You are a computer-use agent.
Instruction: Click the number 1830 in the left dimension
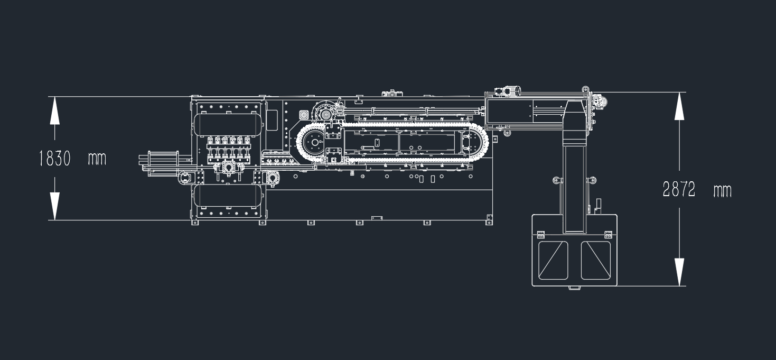(x=55, y=159)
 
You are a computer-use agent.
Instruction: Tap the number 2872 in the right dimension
(x=679, y=189)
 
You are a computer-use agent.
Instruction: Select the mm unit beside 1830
(x=97, y=159)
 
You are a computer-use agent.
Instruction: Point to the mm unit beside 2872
(x=722, y=191)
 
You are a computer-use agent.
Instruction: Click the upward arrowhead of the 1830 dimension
(x=54, y=110)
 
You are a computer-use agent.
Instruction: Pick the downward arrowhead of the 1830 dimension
(x=54, y=206)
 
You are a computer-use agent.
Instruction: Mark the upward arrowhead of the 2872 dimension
(x=679, y=106)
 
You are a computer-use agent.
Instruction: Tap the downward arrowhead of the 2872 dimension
(x=679, y=272)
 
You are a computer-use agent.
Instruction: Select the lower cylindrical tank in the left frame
(x=228, y=196)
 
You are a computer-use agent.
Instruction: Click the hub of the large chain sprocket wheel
(x=314, y=142)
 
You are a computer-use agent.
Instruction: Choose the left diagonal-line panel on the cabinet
(x=553, y=261)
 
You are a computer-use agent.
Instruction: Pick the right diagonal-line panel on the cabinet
(x=595, y=261)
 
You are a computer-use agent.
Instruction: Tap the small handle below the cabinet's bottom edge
(x=574, y=288)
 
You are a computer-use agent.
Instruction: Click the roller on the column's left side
(x=556, y=180)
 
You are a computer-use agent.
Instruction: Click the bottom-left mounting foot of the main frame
(x=195, y=223)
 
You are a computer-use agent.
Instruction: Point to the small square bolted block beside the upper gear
(x=304, y=115)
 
